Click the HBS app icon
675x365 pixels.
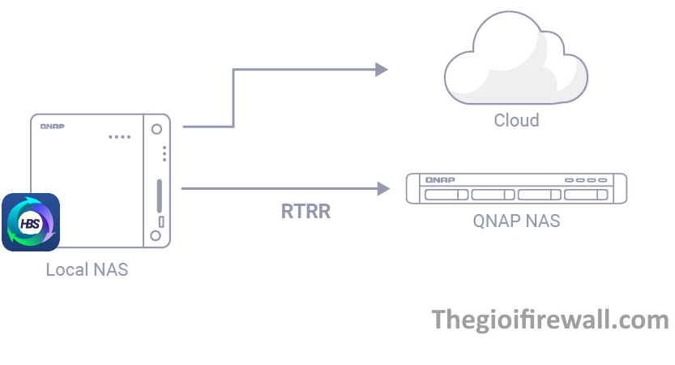pyautogui.click(x=31, y=221)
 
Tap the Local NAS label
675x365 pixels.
pyautogui.click(x=87, y=270)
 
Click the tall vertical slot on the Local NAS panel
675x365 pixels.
pyautogui.click(x=159, y=195)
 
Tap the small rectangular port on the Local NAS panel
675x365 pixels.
pyautogui.click(x=160, y=221)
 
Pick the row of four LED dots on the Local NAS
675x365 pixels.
pyautogui.click(x=119, y=136)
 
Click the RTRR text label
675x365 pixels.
pyautogui.click(x=305, y=213)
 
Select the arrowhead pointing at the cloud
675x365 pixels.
pyautogui.click(x=381, y=70)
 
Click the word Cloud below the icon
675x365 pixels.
pyautogui.click(x=516, y=120)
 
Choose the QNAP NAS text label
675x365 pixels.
pyautogui.click(x=516, y=221)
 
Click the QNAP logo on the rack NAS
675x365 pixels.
pyautogui.click(x=440, y=179)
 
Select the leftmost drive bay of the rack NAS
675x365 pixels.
pyautogui.click(x=445, y=195)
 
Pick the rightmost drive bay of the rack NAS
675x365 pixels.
pyautogui.click(x=587, y=195)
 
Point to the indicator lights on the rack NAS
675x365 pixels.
pyautogui.click(x=586, y=179)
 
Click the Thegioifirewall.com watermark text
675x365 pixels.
pyautogui.click(x=551, y=320)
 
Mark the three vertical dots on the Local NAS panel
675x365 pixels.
pyautogui.click(x=164, y=152)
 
